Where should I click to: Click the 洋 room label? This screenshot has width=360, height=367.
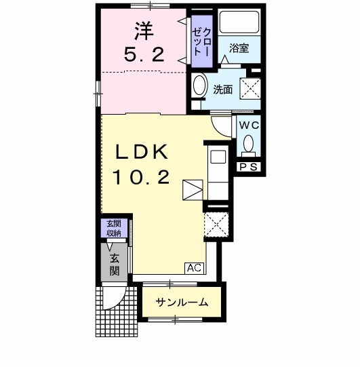coord(142,30)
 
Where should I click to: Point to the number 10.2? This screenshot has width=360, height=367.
coord(140,178)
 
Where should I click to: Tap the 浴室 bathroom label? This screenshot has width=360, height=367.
coord(239,48)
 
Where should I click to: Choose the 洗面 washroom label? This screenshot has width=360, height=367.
coord(222,89)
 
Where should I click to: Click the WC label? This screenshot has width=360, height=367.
coord(248,125)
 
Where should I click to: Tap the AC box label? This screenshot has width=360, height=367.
coord(194,268)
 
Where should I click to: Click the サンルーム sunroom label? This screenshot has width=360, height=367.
coord(182,303)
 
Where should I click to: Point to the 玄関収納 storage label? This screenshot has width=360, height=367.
coord(113,229)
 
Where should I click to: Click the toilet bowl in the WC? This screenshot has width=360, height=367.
coord(248,144)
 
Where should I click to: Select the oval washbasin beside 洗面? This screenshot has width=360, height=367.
coord(199,86)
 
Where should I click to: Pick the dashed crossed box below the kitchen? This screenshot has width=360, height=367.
coord(218,225)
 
